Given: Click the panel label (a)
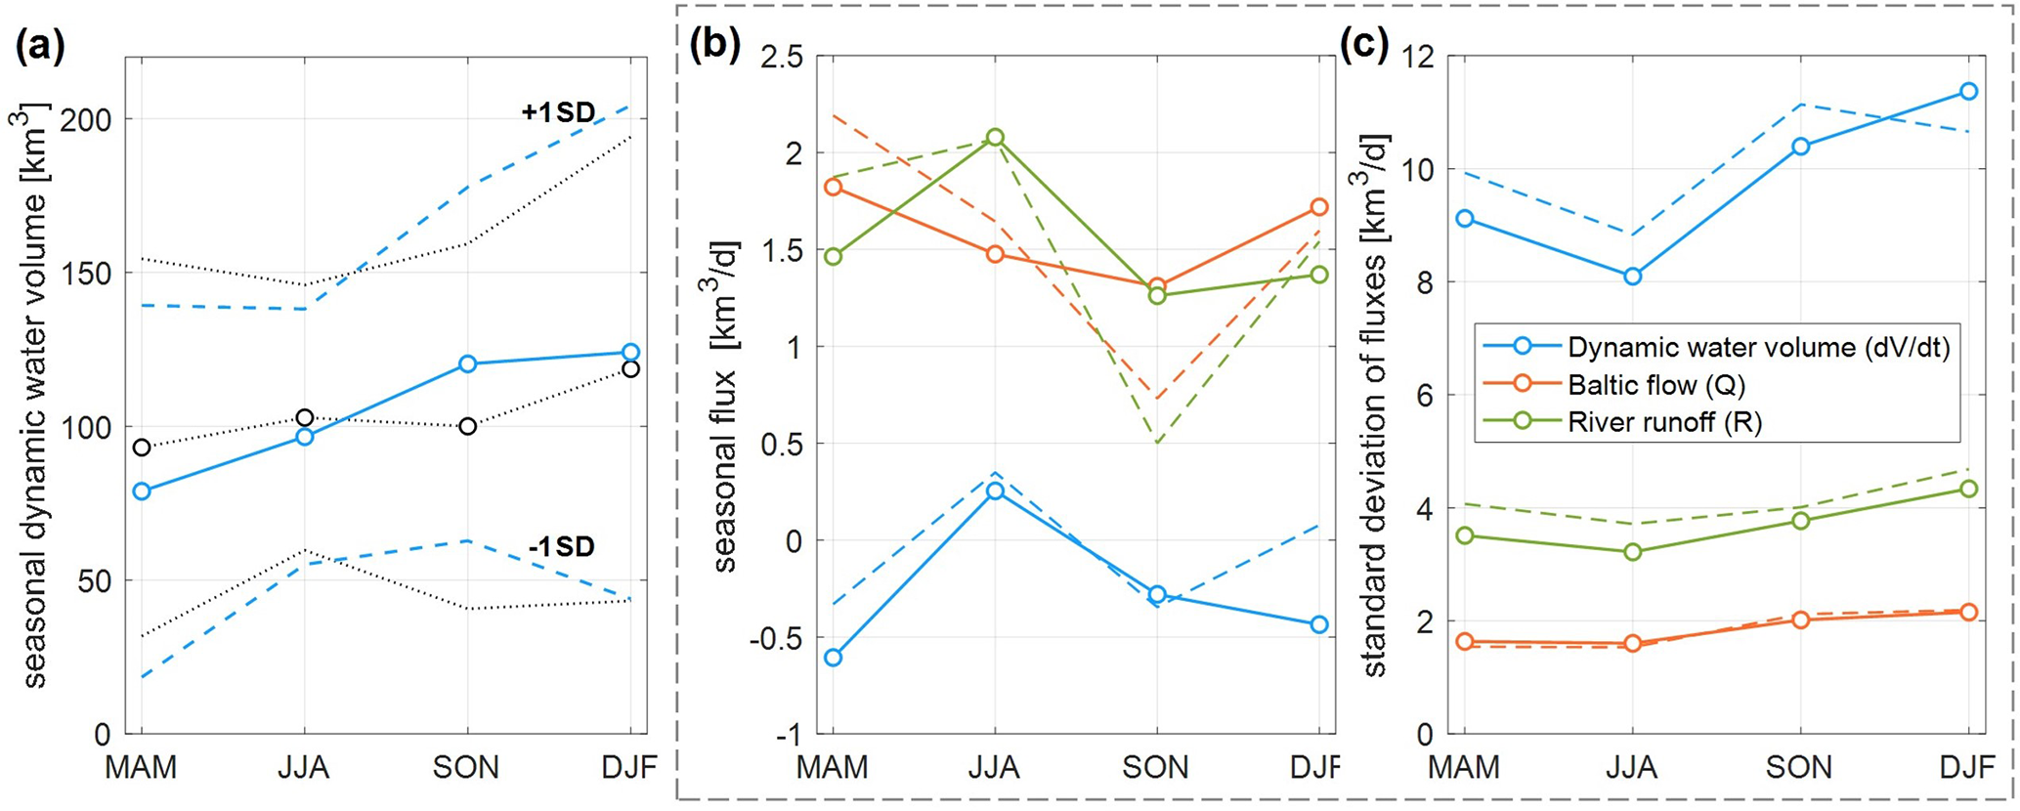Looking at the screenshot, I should click(40, 47).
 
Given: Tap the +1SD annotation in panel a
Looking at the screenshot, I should click(558, 113).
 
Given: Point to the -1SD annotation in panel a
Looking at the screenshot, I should click(561, 547).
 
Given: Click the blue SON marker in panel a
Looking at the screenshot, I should click(467, 364).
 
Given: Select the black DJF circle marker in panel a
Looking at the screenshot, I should click(630, 369).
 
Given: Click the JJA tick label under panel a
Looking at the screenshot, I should click(304, 767).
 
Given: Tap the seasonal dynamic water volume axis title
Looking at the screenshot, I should click(34, 396).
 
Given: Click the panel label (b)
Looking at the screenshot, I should click(714, 47).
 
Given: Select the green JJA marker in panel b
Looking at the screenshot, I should click(995, 138).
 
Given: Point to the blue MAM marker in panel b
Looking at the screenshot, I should click(833, 658).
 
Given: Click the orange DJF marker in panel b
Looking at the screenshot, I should click(1319, 207).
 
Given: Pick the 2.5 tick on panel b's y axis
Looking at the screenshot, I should click(776, 58).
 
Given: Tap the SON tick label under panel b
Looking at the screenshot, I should click(1156, 767).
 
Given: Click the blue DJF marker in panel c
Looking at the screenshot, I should click(1969, 92).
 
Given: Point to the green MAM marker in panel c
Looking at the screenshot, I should click(1464, 535).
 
